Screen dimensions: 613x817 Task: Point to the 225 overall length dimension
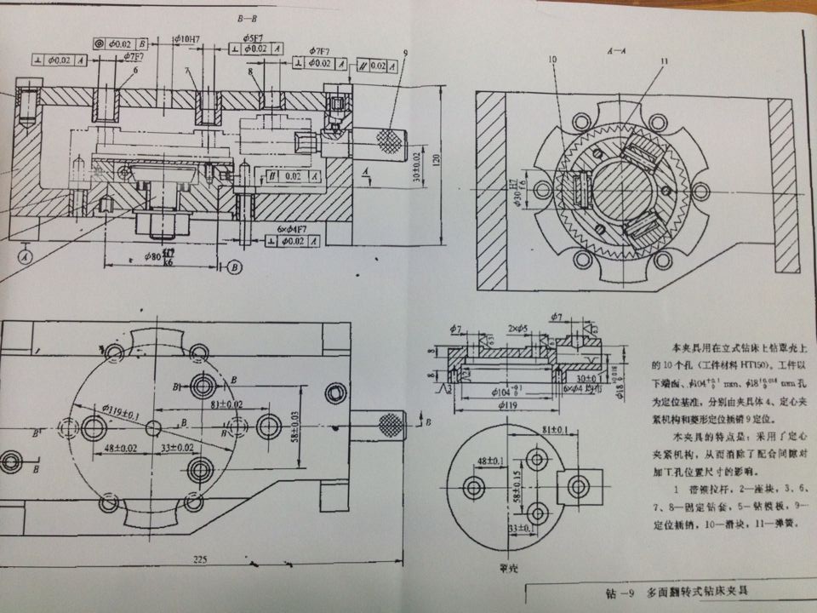pyautogui.click(x=200, y=560)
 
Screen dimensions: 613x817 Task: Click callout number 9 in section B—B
pyautogui.click(x=406, y=52)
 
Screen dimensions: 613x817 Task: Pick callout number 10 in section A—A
pyautogui.click(x=553, y=60)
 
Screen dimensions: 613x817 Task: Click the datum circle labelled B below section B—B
pyautogui.click(x=235, y=268)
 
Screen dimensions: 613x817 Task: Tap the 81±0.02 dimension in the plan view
pyautogui.click(x=226, y=404)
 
